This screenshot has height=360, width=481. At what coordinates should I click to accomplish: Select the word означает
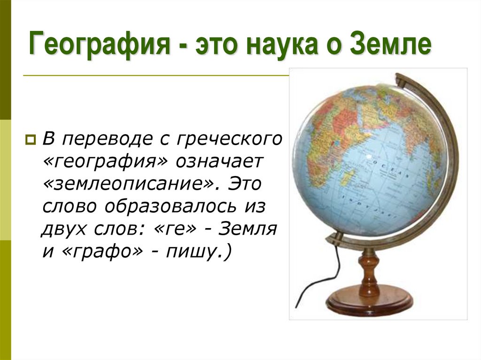[221, 161]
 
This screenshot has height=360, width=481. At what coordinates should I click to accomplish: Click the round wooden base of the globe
[369, 302]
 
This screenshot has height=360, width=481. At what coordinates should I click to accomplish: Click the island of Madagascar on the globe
[348, 177]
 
